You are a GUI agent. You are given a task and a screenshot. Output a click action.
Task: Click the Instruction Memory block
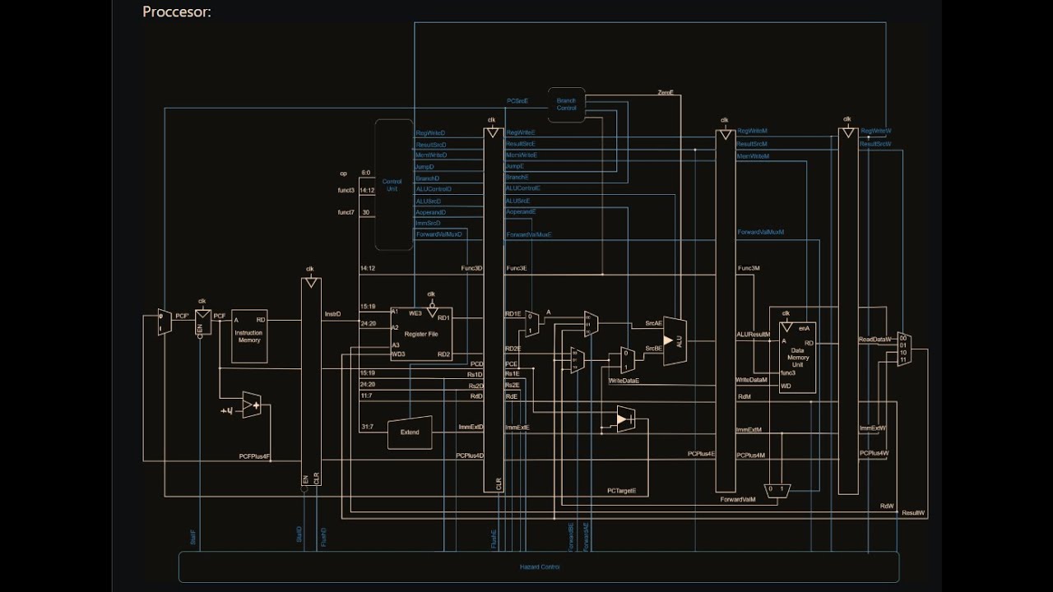(x=249, y=336)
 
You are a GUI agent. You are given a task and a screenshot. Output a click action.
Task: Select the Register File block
(x=421, y=334)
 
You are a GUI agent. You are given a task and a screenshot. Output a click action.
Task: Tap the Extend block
(x=410, y=432)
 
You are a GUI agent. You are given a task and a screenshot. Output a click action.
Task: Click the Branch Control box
(x=567, y=104)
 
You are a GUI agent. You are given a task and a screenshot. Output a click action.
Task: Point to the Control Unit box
(x=393, y=185)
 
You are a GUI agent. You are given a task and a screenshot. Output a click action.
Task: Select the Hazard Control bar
(x=539, y=567)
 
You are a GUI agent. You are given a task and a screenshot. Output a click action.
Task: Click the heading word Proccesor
(x=177, y=12)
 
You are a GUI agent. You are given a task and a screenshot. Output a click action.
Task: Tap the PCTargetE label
(x=627, y=491)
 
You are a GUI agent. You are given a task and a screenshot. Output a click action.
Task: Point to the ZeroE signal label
(x=666, y=93)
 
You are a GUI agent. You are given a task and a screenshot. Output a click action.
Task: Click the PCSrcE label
(x=517, y=101)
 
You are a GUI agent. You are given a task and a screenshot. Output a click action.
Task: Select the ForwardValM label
(x=738, y=500)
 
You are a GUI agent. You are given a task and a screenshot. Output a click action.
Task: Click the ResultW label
(x=913, y=513)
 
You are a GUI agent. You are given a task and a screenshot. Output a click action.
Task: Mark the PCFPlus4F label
(x=255, y=456)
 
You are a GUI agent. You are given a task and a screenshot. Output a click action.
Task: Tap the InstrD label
(x=332, y=314)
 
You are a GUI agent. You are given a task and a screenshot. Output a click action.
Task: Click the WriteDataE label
(x=624, y=382)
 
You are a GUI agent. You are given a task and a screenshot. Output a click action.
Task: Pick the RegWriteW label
(x=875, y=131)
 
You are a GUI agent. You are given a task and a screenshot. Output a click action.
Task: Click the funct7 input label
(x=346, y=212)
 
